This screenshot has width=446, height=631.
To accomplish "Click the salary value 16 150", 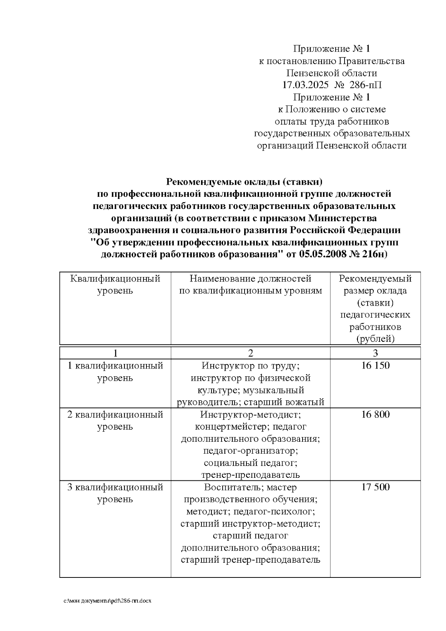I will click(x=375, y=366).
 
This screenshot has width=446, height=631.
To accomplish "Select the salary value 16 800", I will click(x=375, y=414).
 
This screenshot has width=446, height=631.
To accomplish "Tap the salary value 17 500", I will click(x=375, y=487).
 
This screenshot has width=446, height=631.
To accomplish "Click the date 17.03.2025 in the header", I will click(x=306, y=85).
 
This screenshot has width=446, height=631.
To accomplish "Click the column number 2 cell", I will click(x=250, y=353).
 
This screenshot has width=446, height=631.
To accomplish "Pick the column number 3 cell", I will click(x=375, y=353).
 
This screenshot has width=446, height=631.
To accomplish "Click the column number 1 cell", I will click(x=115, y=353).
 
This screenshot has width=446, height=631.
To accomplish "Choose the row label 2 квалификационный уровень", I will click(x=115, y=420).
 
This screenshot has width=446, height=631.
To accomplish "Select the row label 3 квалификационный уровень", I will click(x=115, y=493).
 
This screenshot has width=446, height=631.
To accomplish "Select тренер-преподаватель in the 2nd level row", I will click(x=250, y=475).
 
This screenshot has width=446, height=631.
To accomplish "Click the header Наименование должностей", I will click(x=250, y=279).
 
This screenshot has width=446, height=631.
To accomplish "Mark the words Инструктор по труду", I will click(x=250, y=366).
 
